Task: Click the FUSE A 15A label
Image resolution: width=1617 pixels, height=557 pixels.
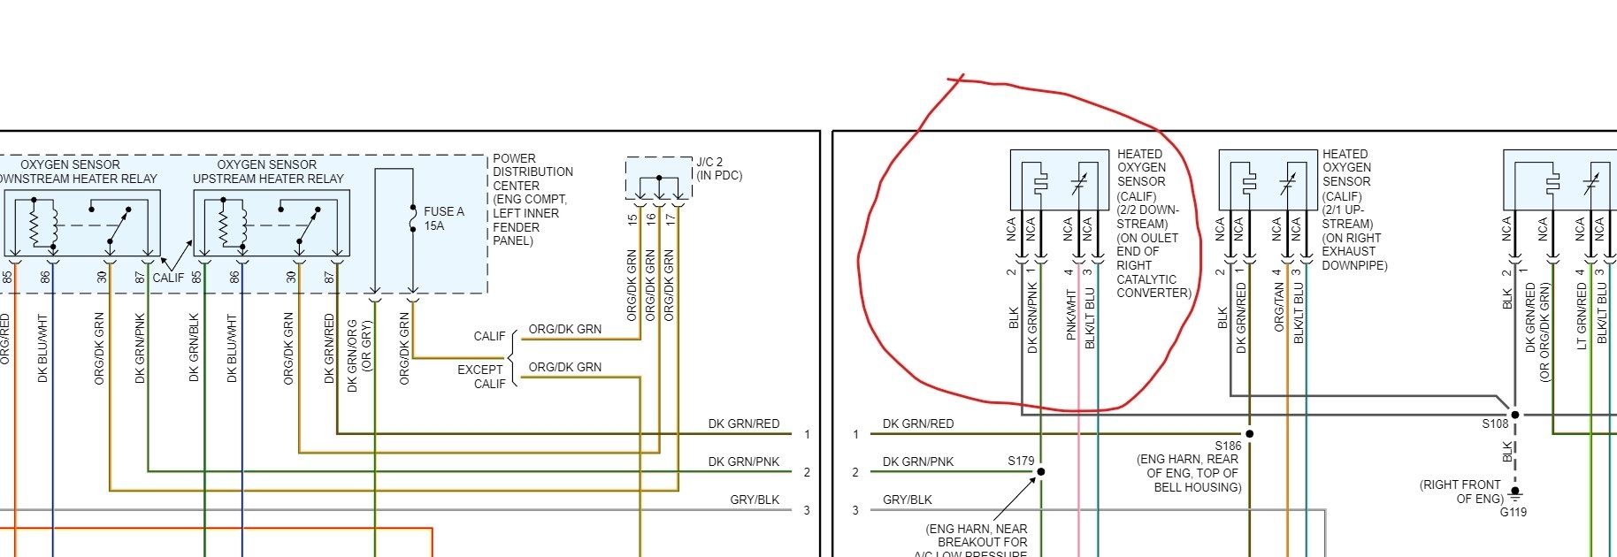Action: click(443, 218)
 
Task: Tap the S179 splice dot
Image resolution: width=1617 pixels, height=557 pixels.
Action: click(1041, 471)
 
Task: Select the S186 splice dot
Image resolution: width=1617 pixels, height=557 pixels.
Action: click(1249, 434)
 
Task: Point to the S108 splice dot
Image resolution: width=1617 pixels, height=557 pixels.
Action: click(1515, 415)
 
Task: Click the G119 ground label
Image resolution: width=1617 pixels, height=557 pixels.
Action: click(1514, 512)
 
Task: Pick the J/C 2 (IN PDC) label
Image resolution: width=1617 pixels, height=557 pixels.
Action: click(718, 169)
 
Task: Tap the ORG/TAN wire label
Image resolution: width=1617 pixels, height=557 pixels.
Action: click(1279, 307)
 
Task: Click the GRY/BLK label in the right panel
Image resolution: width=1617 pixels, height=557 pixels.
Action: click(907, 500)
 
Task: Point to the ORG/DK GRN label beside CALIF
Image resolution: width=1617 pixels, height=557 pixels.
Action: click(564, 329)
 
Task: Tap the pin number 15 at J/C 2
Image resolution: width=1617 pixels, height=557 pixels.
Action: click(632, 218)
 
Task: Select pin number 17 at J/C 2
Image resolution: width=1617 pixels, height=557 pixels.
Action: click(671, 218)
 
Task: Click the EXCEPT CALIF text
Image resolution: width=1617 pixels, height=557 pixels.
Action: click(481, 377)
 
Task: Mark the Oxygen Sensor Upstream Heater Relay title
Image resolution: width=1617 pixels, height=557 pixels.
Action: click(268, 172)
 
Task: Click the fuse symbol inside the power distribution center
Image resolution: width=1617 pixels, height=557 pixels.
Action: click(413, 219)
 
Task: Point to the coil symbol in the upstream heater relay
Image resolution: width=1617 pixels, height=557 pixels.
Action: click(225, 225)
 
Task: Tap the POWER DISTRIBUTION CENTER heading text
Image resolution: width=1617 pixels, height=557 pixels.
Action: click(533, 172)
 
